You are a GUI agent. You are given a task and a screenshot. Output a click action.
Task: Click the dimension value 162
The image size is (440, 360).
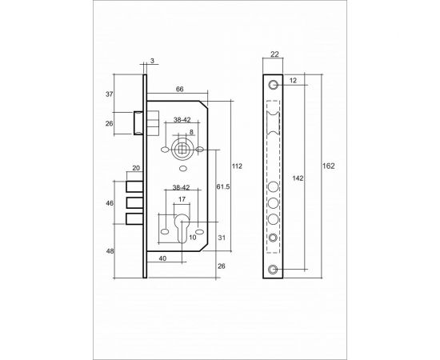click(x=328, y=166)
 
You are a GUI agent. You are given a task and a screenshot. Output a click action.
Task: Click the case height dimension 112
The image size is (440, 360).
click(x=237, y=166)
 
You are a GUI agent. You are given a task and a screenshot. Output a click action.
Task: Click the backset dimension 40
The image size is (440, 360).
click(x=163, y=258)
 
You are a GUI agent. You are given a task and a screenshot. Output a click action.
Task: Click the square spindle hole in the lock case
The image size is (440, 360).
click(x=182, y=150)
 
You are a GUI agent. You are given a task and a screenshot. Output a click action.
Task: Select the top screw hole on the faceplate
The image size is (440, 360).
click(x=274, y=84)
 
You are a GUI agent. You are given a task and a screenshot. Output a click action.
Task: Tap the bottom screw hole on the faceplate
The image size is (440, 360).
click(x=274, y=269)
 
